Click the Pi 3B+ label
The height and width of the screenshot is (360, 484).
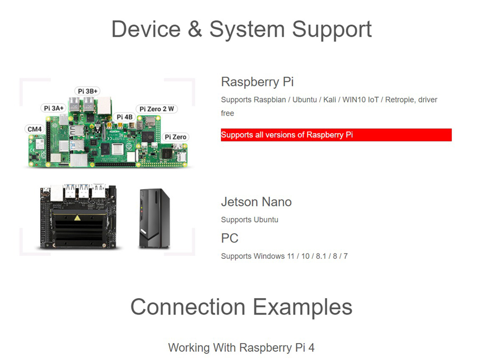point(88,91)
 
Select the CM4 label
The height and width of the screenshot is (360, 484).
point(34,129)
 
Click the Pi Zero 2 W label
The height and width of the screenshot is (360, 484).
point(156,109)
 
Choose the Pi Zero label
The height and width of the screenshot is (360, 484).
point(175,137)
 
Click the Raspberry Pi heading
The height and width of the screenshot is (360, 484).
point(257,81)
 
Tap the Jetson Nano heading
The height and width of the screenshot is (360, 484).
point(256,201)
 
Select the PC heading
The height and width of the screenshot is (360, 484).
point(230,238)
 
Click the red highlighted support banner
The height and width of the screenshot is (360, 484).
point(336,135)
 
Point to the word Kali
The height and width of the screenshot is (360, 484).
point(329,100)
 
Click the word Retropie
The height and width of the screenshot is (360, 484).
point(400,100)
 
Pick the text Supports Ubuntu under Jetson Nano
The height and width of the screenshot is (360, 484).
point(249,220)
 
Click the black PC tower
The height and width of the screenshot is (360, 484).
point(154,219)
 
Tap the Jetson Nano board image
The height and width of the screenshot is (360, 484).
point(79,218)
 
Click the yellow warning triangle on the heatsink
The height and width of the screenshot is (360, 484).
point(77,219)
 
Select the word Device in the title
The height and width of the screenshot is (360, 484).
point(145,29)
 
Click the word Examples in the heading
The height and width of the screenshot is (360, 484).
point(302,307)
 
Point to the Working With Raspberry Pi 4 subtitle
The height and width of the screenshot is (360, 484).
point(241,347)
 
